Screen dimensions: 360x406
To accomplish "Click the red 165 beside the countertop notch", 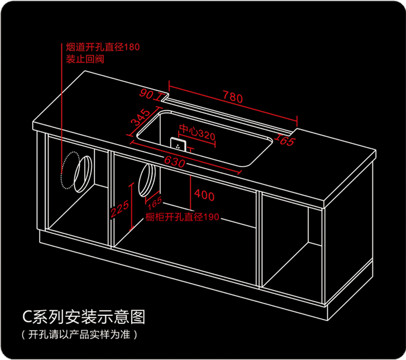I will point(285,141).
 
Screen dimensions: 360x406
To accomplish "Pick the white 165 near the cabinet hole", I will point(156,203).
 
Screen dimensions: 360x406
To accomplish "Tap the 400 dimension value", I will point(204,195).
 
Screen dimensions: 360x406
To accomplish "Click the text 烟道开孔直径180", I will point(103,48).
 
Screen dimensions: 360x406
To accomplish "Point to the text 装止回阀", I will point(85,60).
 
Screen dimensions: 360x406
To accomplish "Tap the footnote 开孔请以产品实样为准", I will point(79,335).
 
